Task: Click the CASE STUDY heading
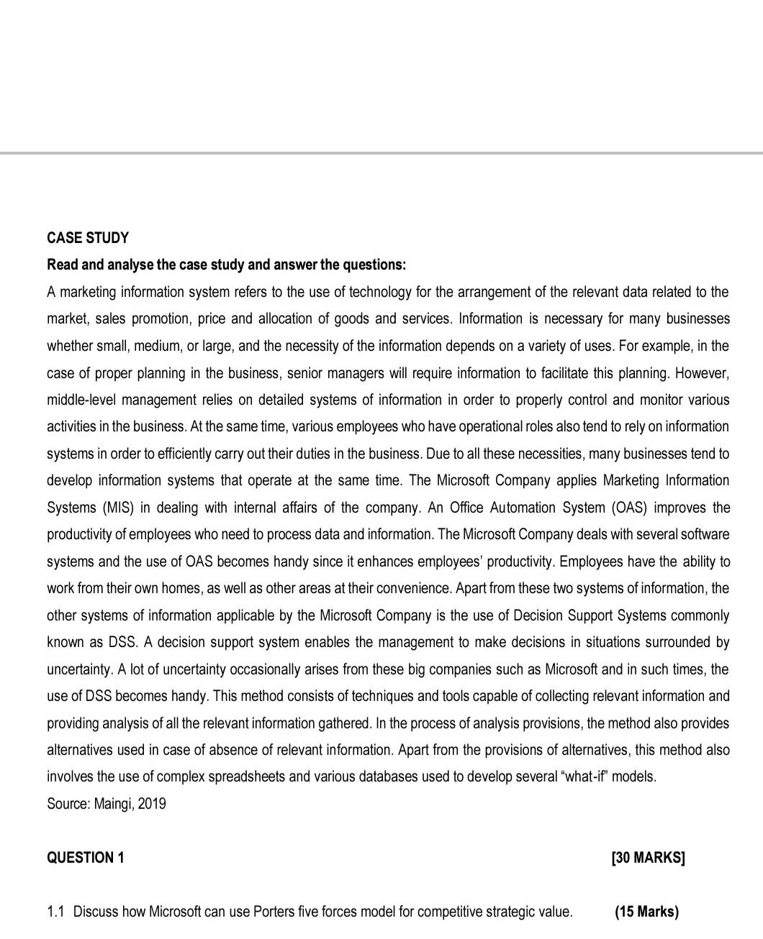[88, 238]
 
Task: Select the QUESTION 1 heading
[85, 858]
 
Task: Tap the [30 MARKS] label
[648, 858]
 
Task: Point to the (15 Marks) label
[646, 912]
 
